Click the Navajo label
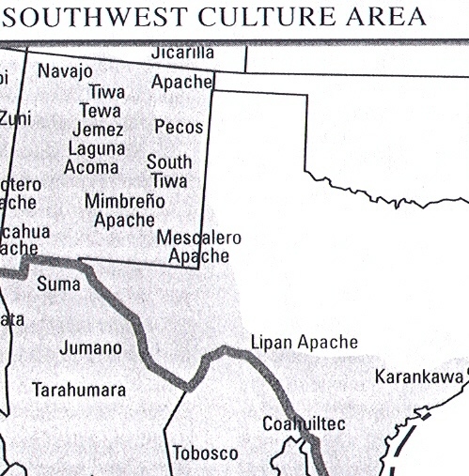pyautogui.click(x=65, y=71)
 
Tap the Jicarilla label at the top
pyautogui.click(x=182, y=52)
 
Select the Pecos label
pyautogui.click(x=179, y=126)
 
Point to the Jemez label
pyautogui.click(x=97, y=130)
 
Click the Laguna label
pyautogui.click(x=96, y=148)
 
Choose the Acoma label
pyautogui.click(x=91, y=167)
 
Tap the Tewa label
pyautogui.click(x=100, y=111)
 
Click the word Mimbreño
pyautogui.click(x=125, y=201)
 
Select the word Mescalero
pyautogui.click(x=199, y=238)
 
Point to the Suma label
pyautogui.click(x=58, y=283)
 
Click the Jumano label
pyautogui.click(x=90, y=348)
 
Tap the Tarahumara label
pyautogui.click(x=79, y=389)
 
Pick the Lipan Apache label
pyautogui.click(x=305, y=343)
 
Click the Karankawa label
pyautogui.click(x=419, y=377)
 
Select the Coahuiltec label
pyautogui.click(x=304, y=424)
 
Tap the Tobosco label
pyautogui.click(x=205, y=453)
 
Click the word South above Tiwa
pyautogui.click(x=169, y=161)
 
